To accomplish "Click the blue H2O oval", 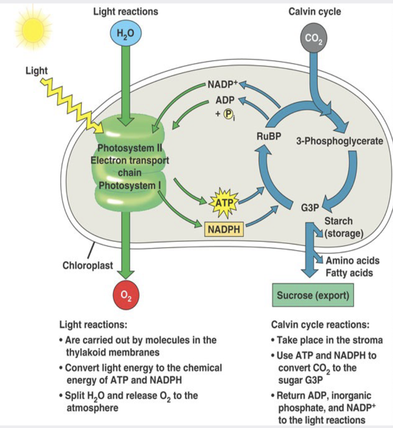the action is tap(126, 33).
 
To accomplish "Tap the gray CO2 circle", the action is tap(314, 38).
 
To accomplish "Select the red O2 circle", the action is tap(126, 295).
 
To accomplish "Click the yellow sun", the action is tap(33, 29).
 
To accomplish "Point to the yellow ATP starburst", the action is tap(224, 203).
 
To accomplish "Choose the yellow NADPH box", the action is tap(224, 229).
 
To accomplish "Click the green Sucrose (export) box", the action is tap(313, 295).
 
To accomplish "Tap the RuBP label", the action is tap(269, 136).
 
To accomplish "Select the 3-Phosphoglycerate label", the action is tap(340, 141).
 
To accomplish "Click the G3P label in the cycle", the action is tap(310, 208).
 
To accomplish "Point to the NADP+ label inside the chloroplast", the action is tap(223, 84).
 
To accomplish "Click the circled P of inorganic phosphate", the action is tap(228, 114).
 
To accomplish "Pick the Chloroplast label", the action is tap(88, 265).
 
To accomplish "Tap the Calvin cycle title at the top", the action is tap(314, 12).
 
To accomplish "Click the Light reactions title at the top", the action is tap(126, 12).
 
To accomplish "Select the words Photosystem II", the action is tap(130, 148).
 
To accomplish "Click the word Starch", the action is tap(339, 221).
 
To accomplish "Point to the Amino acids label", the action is tap(353, 260).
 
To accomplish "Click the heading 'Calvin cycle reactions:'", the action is tap(320, 325).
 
